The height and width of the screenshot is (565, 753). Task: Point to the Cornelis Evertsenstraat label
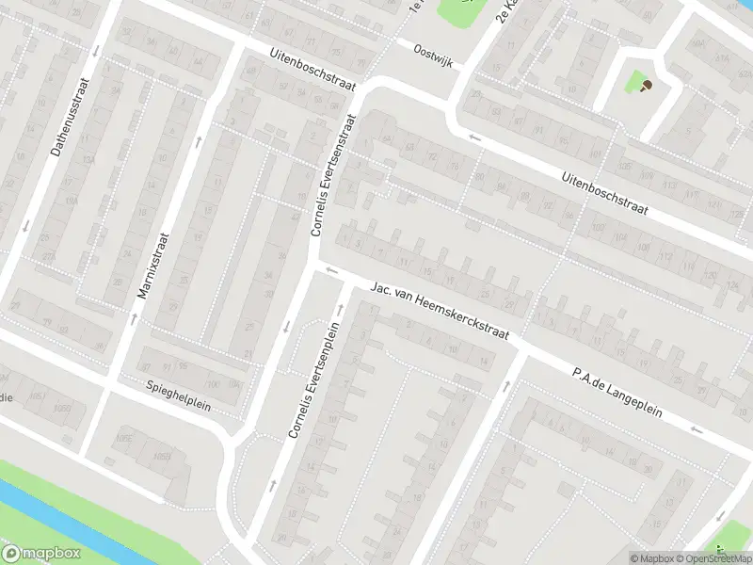pyautogui.click(x=335, y=175)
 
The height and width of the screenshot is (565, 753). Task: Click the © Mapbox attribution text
pyautogui.click(x=651, y=558)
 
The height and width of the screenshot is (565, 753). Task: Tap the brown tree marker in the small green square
pyautogui.click(x=646, y=86)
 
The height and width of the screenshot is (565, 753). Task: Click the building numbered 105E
pyautogui.click(x=123, y=437)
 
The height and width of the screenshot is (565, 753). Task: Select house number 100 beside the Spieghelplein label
pyautogui.click(x=213, y=384)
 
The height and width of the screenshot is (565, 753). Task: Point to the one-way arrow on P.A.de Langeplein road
pyautogui.click(x=696, y=429)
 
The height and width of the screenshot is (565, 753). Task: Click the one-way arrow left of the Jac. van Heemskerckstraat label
pyautogui.click(x=329, y=271)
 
